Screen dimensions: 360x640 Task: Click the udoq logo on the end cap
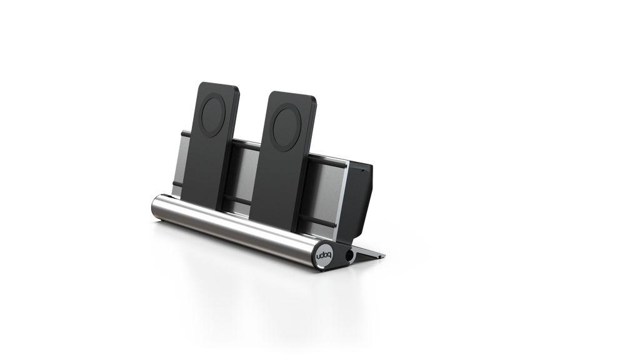pos(322,255)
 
